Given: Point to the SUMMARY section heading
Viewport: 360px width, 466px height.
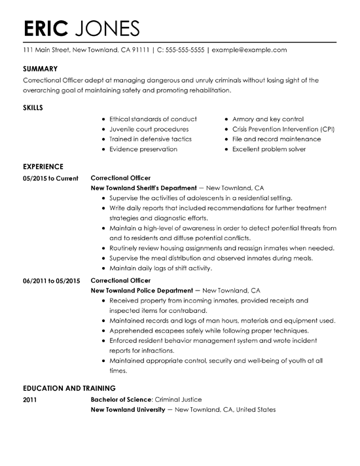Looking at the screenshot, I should click(x=41, y=69).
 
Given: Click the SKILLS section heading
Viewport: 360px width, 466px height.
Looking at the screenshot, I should click(x=34, y=107).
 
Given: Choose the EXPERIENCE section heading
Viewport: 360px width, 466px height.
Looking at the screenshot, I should click(x=43, y=166).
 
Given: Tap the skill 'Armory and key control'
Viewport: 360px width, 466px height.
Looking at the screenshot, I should click(x=268, y=119).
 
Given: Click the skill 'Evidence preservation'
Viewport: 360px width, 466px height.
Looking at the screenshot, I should click(x=143, y=149).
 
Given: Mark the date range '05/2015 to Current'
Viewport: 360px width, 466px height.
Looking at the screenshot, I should click(x=50, y=178).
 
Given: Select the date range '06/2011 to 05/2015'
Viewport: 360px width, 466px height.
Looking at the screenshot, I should click(x=51, y=281).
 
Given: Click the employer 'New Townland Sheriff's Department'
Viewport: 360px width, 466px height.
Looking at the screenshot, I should click(x=142, y=187).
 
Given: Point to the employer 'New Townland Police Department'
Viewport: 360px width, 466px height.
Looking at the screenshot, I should click(x=141, y=290).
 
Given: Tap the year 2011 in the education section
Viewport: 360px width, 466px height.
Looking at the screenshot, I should click(x=30, y=399).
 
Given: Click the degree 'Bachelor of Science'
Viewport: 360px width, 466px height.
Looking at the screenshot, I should click(x=121, y=399).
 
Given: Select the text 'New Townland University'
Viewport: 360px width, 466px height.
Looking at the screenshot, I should click(x=127, y=410).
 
